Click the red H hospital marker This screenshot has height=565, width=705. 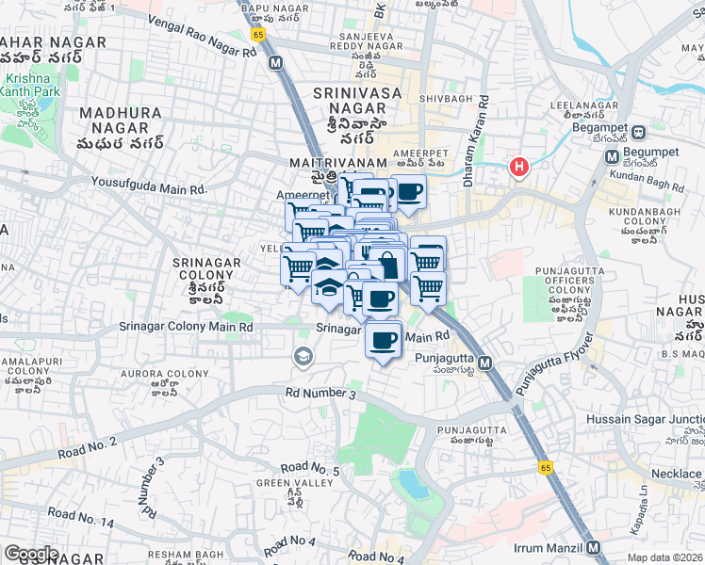517,167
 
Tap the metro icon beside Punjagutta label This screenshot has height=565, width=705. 485,363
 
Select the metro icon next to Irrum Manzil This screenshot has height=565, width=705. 593,547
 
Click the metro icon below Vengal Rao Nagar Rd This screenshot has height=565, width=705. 275,62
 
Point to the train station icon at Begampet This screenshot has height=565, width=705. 638,132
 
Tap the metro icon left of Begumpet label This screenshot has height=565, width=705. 611,156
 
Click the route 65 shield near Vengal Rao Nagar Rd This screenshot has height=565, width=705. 257,33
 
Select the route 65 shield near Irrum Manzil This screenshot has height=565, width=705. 545,467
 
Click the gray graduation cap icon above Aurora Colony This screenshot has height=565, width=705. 303,355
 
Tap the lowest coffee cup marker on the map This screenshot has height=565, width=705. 382,340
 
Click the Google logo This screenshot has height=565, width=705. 30,554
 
